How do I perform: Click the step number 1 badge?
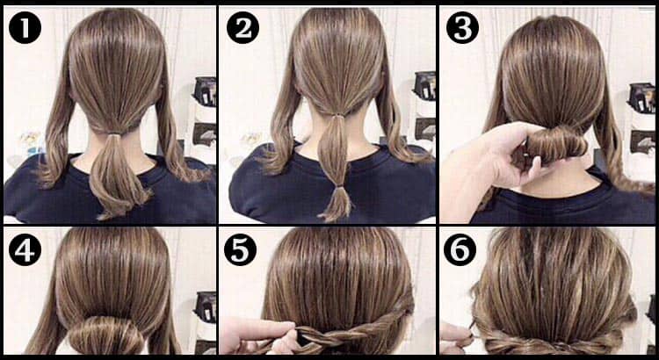25,27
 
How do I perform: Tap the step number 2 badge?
243,27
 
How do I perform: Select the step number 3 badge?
462,27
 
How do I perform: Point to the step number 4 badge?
25,249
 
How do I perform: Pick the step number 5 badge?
240,249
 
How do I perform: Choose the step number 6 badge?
460,249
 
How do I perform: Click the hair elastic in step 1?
112,135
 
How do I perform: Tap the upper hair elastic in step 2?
337,116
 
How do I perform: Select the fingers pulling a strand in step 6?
457,338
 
